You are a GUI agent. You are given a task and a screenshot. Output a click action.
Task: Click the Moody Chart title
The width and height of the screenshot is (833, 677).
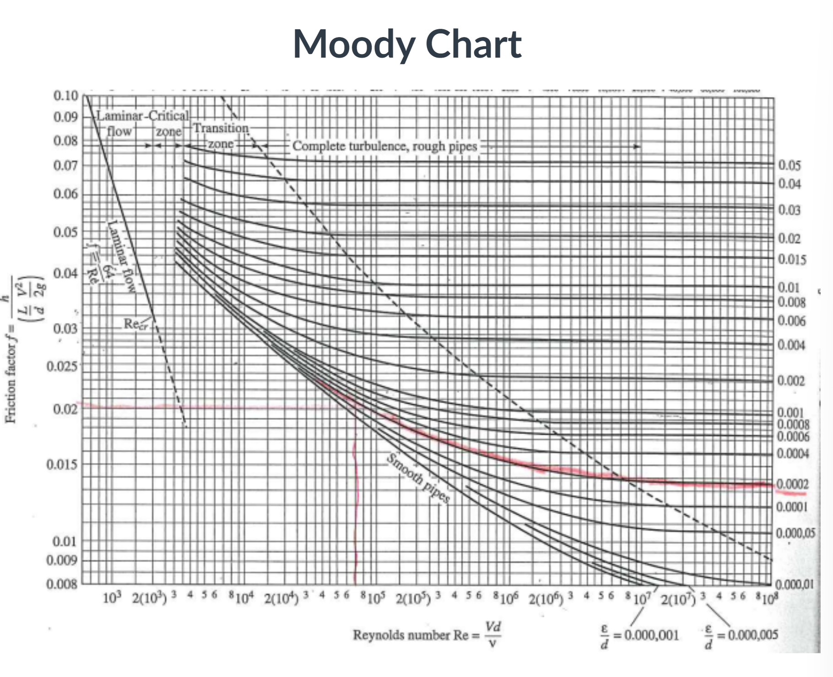(x=407, y=43)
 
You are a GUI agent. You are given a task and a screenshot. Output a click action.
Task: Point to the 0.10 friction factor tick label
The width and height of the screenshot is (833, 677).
(x=66, y=96)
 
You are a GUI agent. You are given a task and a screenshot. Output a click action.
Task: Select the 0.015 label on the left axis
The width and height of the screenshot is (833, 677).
(x=62, y=464)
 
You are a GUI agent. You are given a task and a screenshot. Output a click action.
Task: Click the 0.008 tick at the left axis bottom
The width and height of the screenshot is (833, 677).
(x=62, y=584)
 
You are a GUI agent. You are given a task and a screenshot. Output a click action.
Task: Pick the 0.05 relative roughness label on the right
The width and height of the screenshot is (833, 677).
(x=790, y=165)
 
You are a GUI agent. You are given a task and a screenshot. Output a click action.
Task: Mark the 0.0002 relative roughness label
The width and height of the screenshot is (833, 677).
(x=793, y=484)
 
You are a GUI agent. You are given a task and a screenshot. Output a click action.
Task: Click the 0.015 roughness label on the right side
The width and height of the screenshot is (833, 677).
(x=792, y=259)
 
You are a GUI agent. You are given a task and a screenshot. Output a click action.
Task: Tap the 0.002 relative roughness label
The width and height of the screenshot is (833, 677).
(x=791, y=381)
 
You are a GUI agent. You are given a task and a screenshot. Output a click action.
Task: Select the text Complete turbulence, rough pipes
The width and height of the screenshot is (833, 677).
(x=384, y=146)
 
